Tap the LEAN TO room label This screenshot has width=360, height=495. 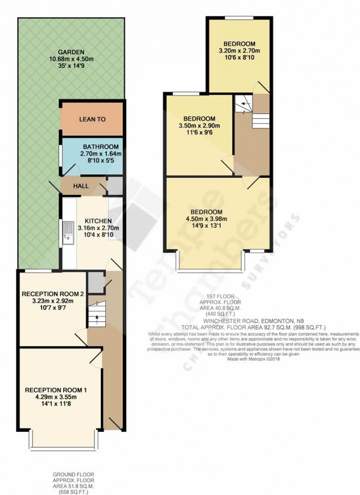(93, 119)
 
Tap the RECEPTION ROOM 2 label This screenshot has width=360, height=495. (52, 294)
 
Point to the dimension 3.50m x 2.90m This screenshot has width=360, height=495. (199, 126)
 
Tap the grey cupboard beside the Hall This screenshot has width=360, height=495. (115, 185)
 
